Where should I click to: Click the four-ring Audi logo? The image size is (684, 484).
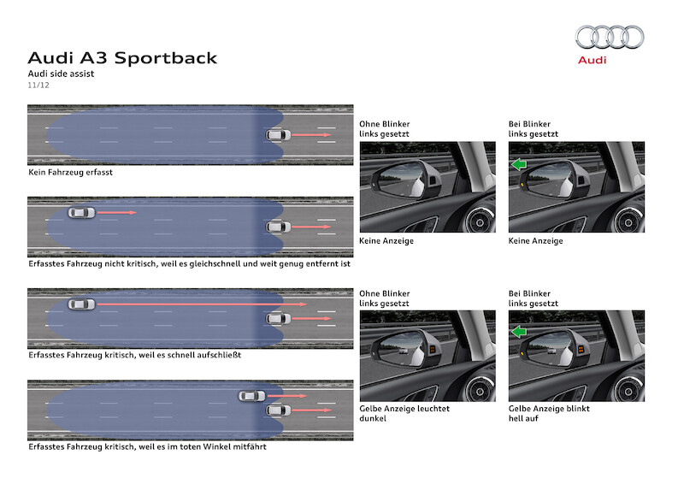609,37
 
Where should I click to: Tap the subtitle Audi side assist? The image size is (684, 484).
61,74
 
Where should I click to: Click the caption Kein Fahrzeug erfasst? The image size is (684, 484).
70,172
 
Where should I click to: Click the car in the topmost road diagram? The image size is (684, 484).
278,135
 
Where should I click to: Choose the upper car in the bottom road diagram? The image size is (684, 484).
251,396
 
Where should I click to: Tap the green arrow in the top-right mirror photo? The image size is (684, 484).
517,165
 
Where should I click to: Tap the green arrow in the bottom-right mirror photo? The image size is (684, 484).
517,333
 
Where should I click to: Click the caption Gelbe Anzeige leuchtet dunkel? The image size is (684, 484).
404,414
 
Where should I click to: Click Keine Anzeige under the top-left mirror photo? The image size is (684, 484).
386,241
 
